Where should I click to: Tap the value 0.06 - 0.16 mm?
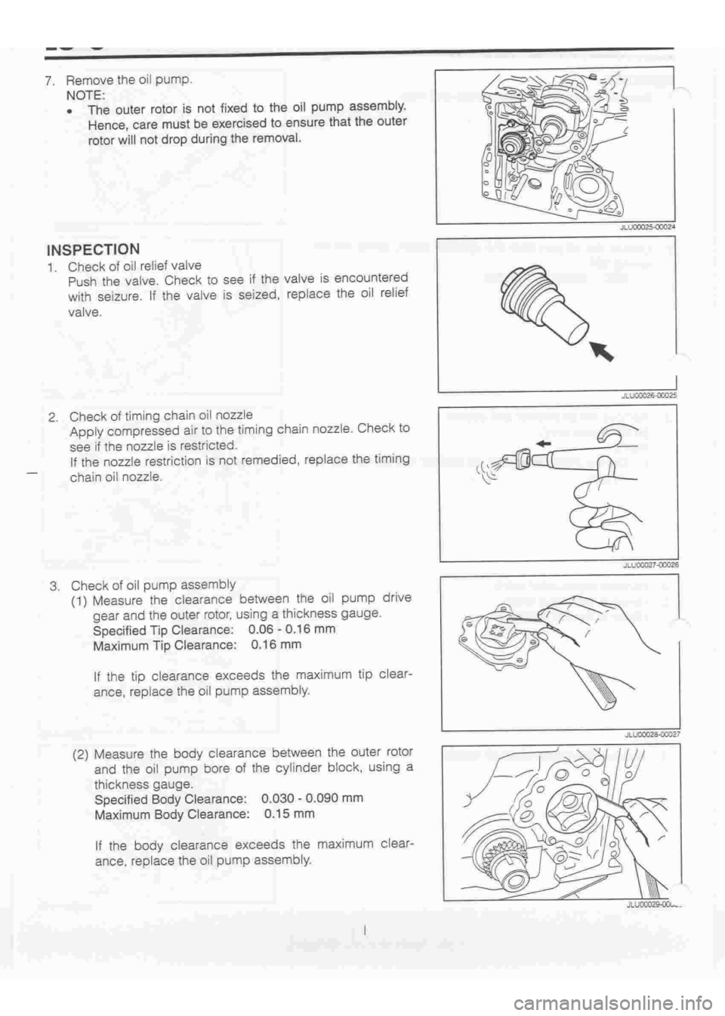pos(292,629)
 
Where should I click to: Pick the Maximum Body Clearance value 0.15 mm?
pos(290,814)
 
